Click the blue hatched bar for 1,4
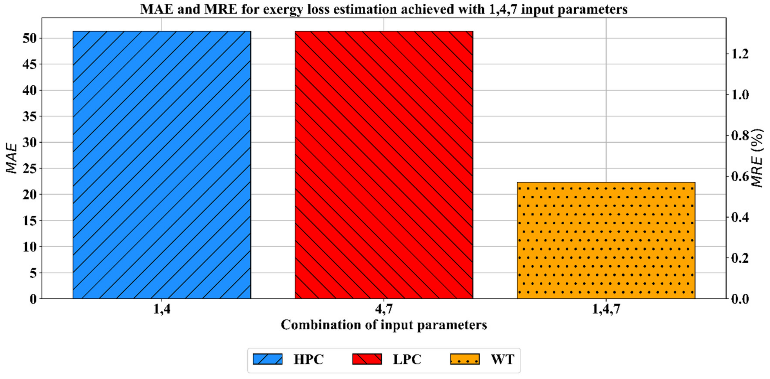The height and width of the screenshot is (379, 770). tap(162, 164)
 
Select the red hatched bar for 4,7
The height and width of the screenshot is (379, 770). tap(384, 164)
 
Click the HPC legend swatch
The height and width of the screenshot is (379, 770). tap(267, 359)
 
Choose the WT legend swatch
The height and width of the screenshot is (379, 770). tap(465, 359)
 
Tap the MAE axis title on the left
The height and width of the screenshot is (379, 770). tap(11, 158)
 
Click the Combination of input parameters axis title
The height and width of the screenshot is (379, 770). tap(384, 325)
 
